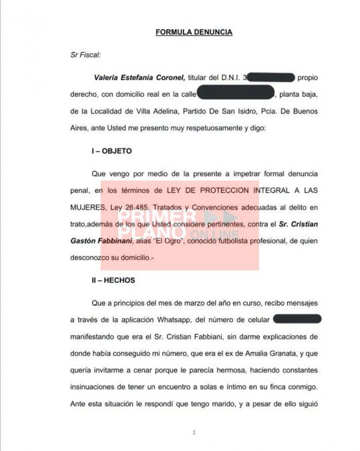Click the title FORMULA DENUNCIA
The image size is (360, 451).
pyautogui.click(x=194, y=32)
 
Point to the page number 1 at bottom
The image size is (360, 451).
pyautogui.click(x=194, y=432)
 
